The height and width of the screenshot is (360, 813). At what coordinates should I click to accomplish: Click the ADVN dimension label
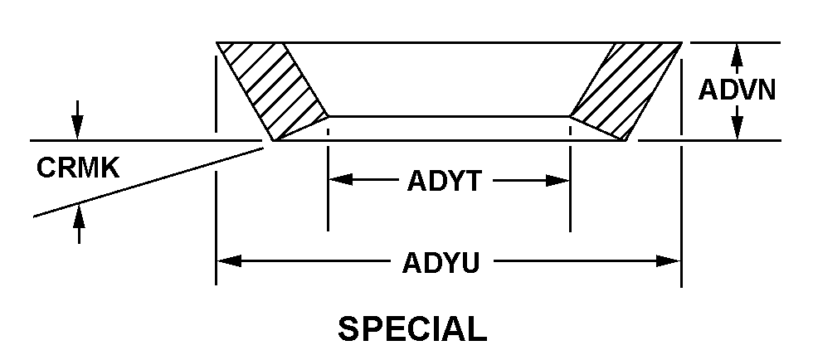point(737,90)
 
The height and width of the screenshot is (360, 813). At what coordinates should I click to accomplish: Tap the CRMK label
point(78,168)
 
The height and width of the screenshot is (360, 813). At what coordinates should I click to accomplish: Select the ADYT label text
point(444,181)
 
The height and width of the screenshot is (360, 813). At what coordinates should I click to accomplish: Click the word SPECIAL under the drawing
point(412,329)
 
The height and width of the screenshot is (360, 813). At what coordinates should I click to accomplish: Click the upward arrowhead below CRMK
point(79,215)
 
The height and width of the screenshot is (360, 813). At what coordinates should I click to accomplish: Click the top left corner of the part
point(217,42)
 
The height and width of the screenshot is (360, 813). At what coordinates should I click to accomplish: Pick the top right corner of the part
point(681,42)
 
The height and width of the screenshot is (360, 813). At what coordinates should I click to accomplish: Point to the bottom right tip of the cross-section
point(628,140)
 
